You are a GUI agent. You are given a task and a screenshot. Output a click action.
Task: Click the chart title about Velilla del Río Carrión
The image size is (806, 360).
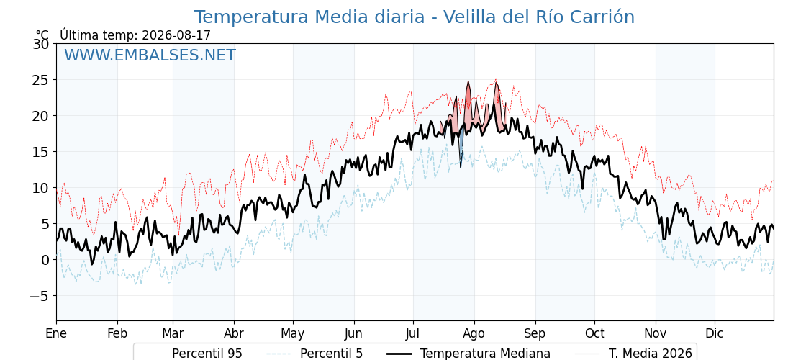[415, 17]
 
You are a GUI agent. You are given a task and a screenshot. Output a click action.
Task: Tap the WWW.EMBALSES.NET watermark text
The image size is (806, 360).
[150, 55]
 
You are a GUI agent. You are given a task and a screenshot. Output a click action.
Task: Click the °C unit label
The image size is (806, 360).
[42, 35]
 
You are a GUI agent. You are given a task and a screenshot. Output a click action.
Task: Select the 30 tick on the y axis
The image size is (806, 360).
[41, 44]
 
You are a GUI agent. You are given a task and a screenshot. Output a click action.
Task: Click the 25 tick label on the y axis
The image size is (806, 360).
[41, 80]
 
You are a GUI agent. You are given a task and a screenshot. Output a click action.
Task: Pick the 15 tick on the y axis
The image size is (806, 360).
[41, 152]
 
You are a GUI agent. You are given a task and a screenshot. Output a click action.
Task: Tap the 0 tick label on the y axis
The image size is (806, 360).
[45, 260]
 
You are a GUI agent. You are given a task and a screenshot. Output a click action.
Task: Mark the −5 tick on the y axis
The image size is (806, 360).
[39, 296]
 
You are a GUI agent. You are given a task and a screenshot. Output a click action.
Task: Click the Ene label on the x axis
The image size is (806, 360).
[56, 333]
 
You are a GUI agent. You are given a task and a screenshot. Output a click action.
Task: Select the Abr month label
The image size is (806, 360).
[234, 333]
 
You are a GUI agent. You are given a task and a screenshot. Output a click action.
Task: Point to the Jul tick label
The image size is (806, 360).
[413, 333]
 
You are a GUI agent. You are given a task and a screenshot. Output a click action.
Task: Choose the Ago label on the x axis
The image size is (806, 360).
[474, 333]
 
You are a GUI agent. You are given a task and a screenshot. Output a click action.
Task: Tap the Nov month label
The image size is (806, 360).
[656, 333]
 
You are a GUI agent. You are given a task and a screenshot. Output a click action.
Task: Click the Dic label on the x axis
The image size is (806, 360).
[715, 333]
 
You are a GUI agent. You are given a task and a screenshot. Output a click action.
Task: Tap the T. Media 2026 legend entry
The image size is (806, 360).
[634, 354]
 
